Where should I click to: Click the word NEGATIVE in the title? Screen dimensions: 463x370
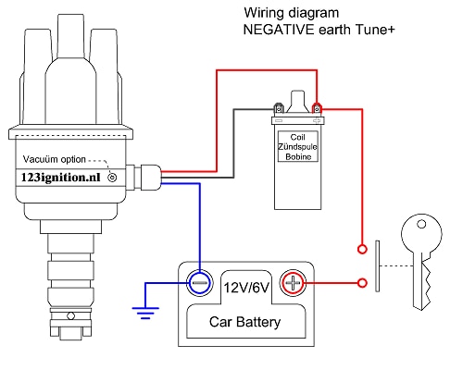(279, 30)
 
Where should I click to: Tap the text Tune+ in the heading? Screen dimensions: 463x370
(375, 30)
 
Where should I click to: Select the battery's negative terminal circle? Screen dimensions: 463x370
(200, 283)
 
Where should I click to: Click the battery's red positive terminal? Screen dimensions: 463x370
(293, 283)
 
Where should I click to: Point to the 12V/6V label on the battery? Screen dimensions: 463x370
(246, 288)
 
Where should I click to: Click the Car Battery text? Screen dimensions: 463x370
(245, 322)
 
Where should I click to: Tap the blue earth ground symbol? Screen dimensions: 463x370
(145, 313)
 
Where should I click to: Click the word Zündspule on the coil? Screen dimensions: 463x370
(297, 147)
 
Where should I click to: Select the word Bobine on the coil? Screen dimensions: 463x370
(298, 156)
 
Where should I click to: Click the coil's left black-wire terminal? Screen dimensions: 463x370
(279, 109)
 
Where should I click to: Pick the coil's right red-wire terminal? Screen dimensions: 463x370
(317, 109)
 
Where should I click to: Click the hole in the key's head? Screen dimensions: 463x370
(421, 224)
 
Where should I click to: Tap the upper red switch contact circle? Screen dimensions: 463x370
(362, 249)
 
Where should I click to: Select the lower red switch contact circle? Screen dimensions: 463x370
(362, 283)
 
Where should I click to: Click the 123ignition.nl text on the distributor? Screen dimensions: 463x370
(61, 178)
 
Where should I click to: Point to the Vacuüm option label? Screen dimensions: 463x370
(55, 159)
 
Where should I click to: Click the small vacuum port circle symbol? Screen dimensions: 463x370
(112, 178)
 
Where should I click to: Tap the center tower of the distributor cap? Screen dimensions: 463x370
(70, 37)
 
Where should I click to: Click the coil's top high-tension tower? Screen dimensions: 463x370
(298, 102)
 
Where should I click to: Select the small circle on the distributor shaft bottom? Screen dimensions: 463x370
(71, 315)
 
